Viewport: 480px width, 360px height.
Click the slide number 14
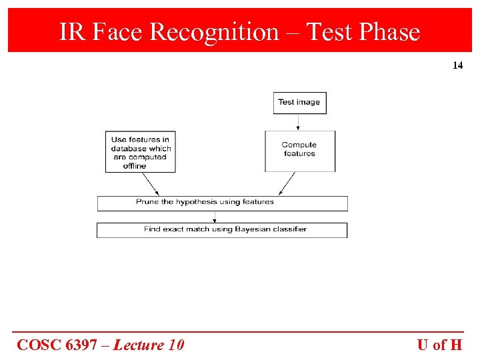pos(457,65)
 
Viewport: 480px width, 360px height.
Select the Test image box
pos(299,103)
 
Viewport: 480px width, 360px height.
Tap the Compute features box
pos(299,150)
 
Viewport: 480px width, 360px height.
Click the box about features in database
pos(141,152)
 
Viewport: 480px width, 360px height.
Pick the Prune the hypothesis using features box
pos(222,203)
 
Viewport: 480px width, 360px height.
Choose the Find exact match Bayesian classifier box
pos(222,229)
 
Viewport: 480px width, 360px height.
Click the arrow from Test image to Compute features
pos(298,122)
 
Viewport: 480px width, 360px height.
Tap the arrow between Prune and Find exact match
pos(215,217)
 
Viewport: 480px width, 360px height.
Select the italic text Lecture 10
pos(149,345)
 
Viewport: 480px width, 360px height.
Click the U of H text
pos(439,345)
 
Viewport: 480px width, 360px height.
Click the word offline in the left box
pos(134,166)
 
